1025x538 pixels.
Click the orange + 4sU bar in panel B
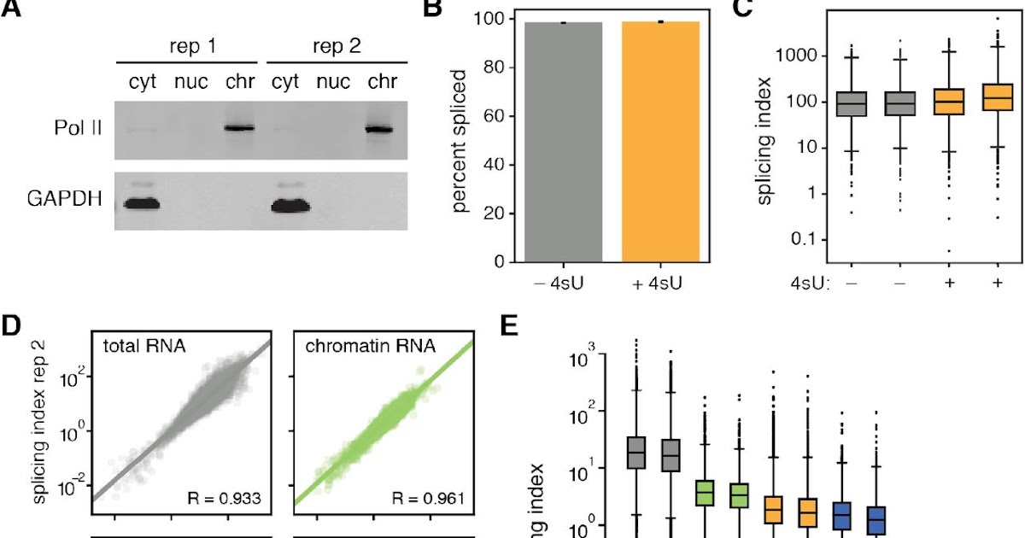tap(660, 141)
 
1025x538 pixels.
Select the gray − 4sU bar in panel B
tap(563, 141)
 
